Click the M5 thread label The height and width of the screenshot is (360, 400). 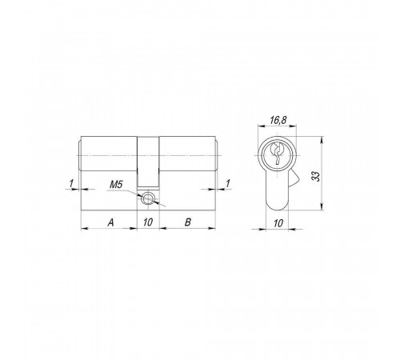[116, 185]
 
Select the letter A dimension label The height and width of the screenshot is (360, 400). [110, 222]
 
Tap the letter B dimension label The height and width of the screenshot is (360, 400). [188, 222]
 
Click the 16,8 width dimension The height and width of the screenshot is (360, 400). [278, 120]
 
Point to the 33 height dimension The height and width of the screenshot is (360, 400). [316, 176]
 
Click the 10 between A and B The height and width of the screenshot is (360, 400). [148, 222]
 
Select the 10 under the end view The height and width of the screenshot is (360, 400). [278, 223]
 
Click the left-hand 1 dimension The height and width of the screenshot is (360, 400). [71, 183]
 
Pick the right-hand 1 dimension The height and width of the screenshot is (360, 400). [228, 183]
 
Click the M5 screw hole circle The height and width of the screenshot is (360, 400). [147, 198]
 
